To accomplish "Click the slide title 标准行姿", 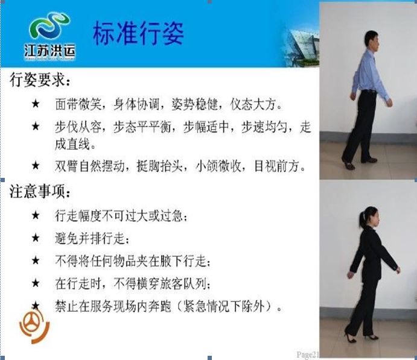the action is (x=138, y=33).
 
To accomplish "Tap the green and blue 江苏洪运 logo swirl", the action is (x=50, y=26).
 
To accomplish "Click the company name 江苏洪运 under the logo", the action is (x=49, y=51).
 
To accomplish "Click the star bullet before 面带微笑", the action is (x=36, y=103).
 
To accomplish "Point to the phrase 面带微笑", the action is (x=78, y=104).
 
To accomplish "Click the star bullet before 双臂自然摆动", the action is (x=36, y=165).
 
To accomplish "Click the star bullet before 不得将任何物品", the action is (x=36, y=261).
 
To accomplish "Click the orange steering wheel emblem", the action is (x=34, y=327).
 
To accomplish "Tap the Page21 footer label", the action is (x=307, y=355).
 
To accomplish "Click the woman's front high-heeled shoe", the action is (x=372, y=336).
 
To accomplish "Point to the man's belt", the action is (x=369, y=92).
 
